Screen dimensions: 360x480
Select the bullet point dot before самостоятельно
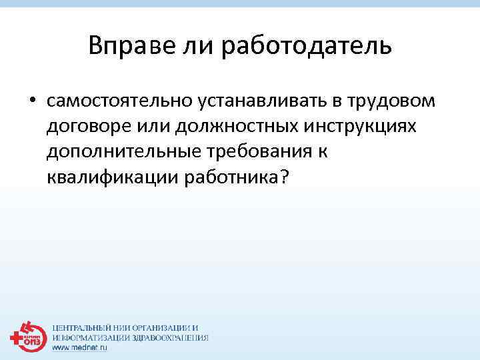31,101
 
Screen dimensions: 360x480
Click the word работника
230,177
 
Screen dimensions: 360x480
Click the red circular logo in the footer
27,336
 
